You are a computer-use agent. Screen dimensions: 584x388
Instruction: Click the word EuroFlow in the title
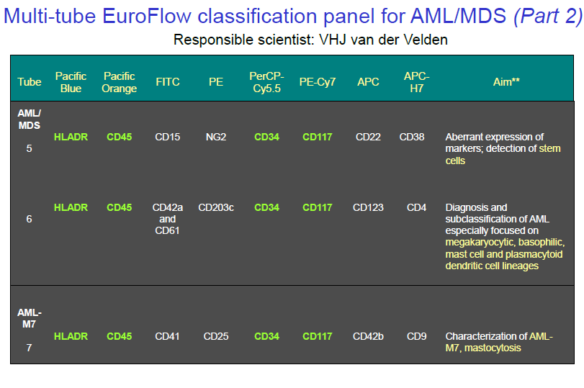pos(147,16)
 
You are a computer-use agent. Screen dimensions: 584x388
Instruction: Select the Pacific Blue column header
pos(71,82)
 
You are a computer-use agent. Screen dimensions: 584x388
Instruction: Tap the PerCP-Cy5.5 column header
pos(266,82)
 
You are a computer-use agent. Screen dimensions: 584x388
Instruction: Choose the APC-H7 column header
pos(416,82)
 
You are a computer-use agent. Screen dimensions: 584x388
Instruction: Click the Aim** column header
pos(506,82)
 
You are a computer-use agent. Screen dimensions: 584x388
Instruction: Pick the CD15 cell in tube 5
pos(168,137)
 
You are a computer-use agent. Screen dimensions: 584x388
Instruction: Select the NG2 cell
pos(216,137)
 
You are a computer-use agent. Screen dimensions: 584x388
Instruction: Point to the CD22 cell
pos(368,137)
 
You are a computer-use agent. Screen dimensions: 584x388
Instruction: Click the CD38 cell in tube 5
pos(412,137)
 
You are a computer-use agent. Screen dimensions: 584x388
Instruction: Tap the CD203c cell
pos(216,207)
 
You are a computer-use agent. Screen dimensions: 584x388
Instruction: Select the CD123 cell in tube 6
pos(368,207)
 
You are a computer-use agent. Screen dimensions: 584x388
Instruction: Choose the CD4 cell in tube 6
pos(416,207)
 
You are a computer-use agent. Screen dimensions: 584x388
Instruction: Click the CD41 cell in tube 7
pos(168,336)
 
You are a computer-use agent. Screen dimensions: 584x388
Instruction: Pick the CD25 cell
pos(216,336)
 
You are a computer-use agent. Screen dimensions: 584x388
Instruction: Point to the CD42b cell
pos(368,336)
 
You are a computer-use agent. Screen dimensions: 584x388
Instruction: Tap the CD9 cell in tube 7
pos(416,336)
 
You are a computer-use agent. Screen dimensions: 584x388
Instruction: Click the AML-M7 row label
pos(30,318)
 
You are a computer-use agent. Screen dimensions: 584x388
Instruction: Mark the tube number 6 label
pos(29,219)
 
